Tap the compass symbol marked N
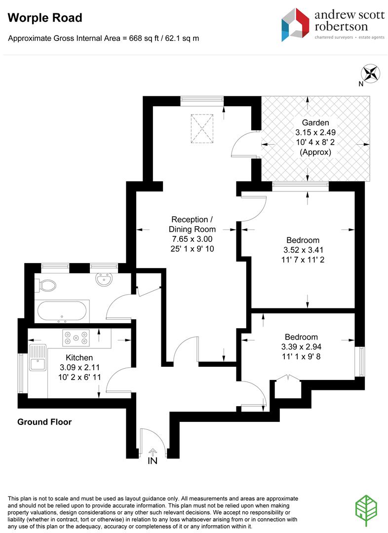371,74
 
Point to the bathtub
63,310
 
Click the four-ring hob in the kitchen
76,337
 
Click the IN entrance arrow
153,452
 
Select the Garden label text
315,123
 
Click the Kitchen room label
79,357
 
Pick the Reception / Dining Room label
192,224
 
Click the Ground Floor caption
44,422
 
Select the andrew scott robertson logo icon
295,24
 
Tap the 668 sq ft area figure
141,38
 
